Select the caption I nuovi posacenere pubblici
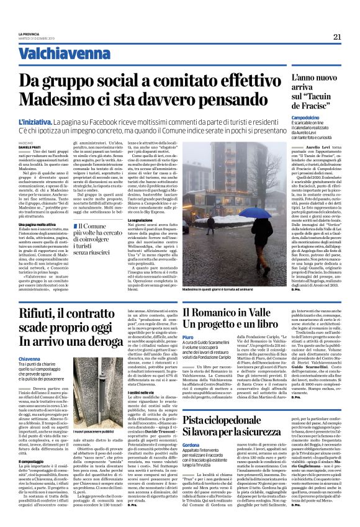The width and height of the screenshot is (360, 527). (x=95, y=431)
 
